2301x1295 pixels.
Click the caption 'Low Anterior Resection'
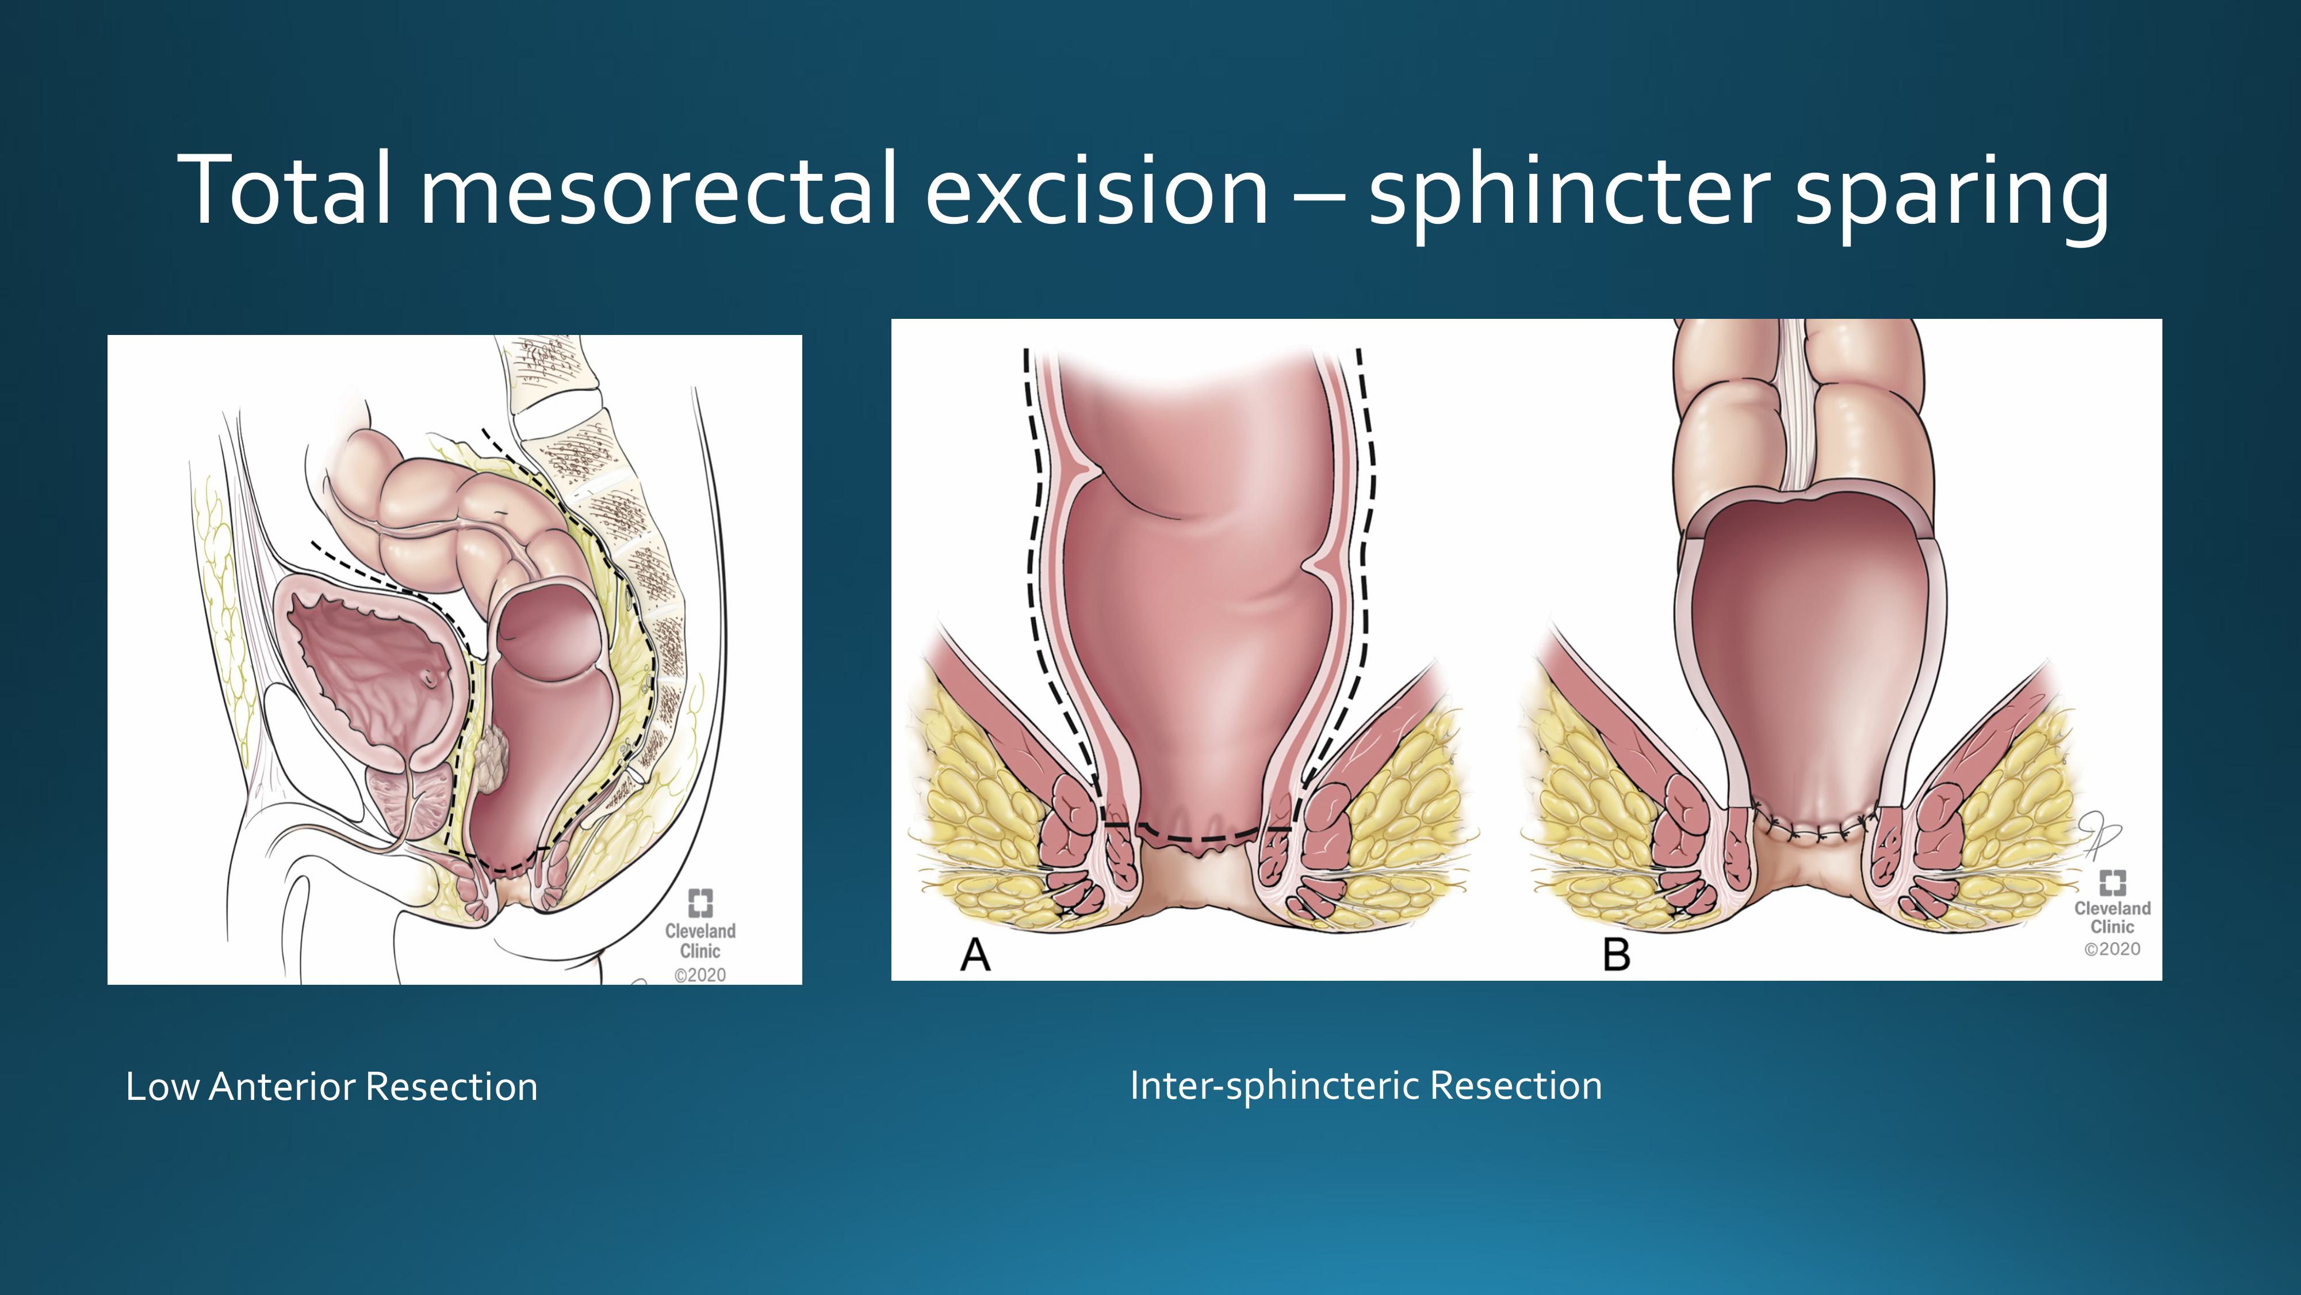coord(331,1087)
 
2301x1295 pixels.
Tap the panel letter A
coord(975,954)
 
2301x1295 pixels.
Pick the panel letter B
coord(1617,954)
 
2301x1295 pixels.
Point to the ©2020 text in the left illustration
coord(700,975)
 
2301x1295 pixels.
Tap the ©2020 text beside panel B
coord(2112,949)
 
